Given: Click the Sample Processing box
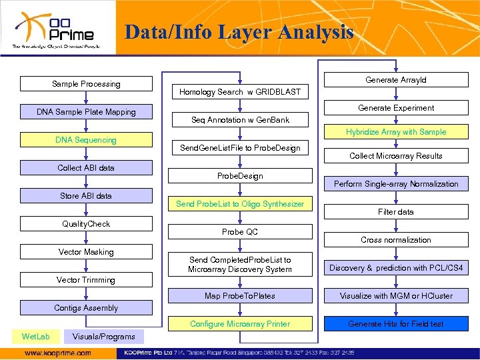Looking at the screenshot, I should click(87, 84).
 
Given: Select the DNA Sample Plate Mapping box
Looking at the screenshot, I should click(87, 112).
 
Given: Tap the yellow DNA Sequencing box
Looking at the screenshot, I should click(87, 140).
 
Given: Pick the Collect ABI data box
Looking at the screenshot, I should click(87, 168).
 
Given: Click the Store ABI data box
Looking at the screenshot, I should click(87, 196).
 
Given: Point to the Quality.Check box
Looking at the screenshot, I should click(87, 224).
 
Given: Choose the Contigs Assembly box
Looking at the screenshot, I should click(87, 308).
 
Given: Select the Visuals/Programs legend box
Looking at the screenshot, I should click(103, 336).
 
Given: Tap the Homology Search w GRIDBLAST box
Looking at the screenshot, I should click(240, 92).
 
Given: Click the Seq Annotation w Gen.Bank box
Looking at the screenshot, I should click(240, 120).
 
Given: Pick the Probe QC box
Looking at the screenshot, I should click(240, 232).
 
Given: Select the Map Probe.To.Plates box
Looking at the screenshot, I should click(240, 296).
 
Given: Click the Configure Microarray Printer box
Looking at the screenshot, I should click(240, 324).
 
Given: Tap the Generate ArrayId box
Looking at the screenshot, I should click(396, 80).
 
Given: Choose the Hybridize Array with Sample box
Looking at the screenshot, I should click(396, 132).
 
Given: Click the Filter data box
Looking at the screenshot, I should click(396, 212).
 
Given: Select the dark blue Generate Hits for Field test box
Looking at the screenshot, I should click(396, 324).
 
